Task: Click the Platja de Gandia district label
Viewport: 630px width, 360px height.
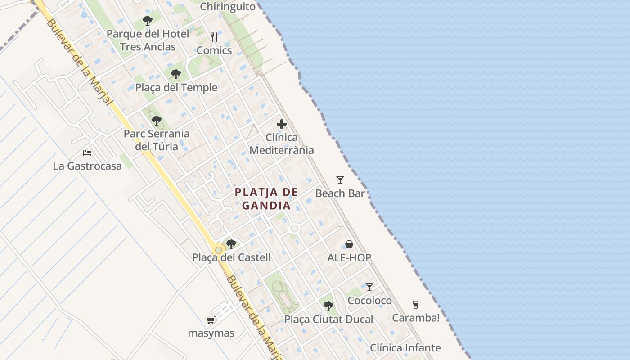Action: (x=266, y=199)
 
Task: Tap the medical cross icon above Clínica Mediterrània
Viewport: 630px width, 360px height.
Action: (x=282, y=124)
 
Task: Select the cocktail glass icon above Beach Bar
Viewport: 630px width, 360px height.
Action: (x=340, y=180)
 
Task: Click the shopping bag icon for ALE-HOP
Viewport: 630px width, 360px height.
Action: (x=349, y=244)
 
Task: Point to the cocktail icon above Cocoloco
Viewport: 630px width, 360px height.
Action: (x=369, y=287)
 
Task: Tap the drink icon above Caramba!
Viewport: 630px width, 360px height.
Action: (x=416, y=305)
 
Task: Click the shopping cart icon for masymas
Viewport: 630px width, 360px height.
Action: (x=211, y=320)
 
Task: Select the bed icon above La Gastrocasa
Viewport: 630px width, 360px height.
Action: (x=87, y=153)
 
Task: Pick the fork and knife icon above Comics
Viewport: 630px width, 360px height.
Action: (x=214, y=37)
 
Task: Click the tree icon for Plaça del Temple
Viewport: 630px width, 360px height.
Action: (x=176, y=74)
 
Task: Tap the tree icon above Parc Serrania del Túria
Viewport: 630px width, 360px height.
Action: (x=157, y=121)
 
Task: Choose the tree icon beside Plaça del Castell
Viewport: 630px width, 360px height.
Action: (x=231, y=244)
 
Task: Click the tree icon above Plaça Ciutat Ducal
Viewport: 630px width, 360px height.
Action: (x=328, y=306)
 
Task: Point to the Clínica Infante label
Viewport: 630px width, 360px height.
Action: (x=405, y=348)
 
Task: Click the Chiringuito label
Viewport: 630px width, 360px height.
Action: (x=228, y=6)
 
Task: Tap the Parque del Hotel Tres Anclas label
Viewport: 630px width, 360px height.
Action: (x=148, y=40)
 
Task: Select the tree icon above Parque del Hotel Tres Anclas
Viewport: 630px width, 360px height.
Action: (x=147, y=21)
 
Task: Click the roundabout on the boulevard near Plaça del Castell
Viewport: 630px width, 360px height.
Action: (x=219, y=250)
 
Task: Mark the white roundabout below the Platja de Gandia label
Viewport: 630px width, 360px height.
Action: (x=295, y=229)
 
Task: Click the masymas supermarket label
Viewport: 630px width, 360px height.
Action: (x=211, y=333)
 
